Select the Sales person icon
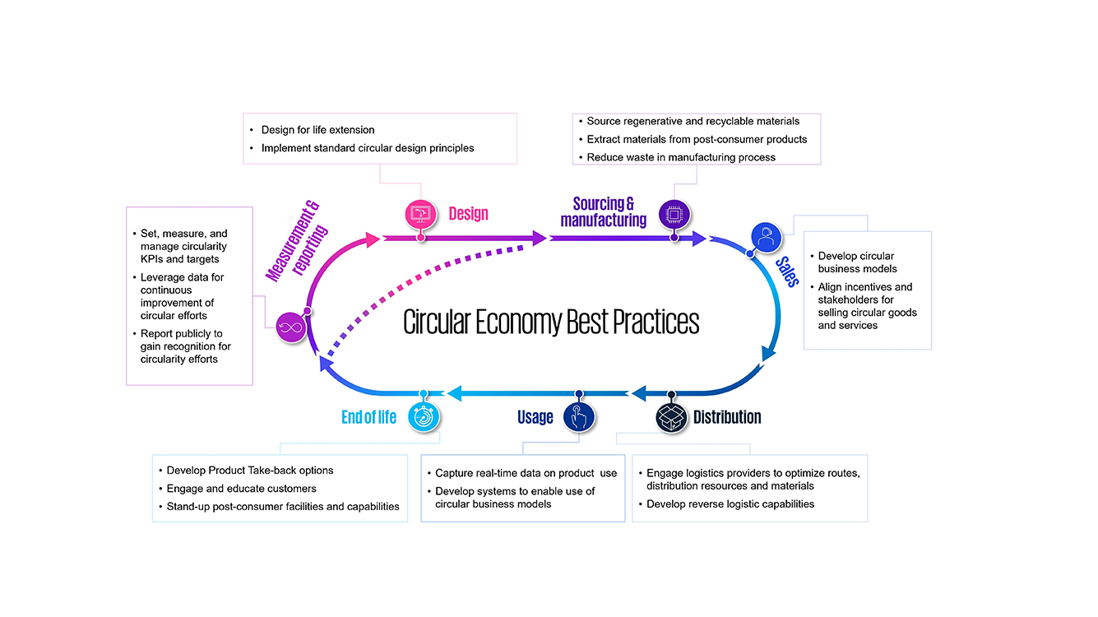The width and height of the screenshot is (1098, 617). [767, 239]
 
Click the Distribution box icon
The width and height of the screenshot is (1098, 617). [671, 417]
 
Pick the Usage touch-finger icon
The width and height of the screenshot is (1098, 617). [579, 417]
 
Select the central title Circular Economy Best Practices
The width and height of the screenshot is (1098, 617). [551, 322]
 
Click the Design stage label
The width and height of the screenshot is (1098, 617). [469, 214]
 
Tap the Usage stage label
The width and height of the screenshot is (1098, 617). [535, 418]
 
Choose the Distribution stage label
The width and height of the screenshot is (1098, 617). [727, 417]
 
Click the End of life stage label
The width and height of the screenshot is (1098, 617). [368, 417]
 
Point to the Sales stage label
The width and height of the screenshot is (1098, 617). [787, 271]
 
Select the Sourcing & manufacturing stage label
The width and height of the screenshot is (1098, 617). [604, 211]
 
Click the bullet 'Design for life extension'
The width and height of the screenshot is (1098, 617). [317, 130]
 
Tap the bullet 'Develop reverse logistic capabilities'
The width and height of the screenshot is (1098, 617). [730, 503]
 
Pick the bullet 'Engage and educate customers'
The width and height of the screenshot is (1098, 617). [241, 489]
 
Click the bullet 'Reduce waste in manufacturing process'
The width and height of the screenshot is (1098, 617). [681, 157]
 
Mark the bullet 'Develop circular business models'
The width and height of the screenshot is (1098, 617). [856, 262]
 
